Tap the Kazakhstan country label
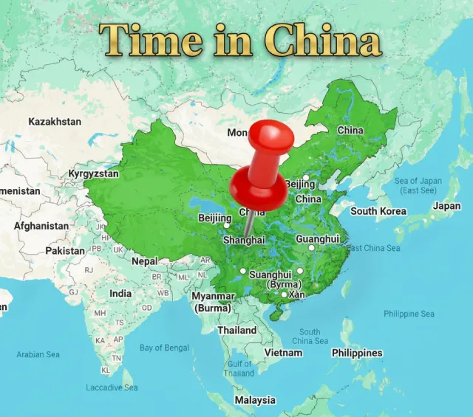55,121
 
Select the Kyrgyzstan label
93,173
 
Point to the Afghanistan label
41,226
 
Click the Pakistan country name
65,250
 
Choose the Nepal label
145,261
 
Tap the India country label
120,293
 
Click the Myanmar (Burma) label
213,302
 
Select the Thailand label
236,330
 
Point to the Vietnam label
284,352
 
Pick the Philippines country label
357,352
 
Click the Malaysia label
254,400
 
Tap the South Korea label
378,211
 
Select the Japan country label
446,206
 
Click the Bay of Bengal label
165,348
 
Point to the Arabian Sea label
38,354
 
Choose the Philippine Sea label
409,314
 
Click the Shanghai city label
244,240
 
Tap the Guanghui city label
317,239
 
